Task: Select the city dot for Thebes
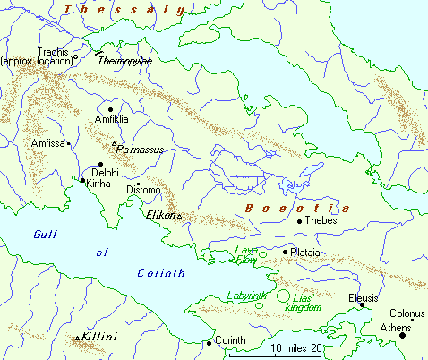click(298, 220)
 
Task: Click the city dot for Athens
click(403, 335)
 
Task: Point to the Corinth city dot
click(210, 342)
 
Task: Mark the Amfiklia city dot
click(110, 109)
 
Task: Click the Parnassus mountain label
click(141, 150)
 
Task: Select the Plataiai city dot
click(286, 252)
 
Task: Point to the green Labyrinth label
click(247, 295)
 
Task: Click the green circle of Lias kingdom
click(283, 296)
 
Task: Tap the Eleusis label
click(364, 297)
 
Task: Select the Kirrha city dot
click(83, 181)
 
